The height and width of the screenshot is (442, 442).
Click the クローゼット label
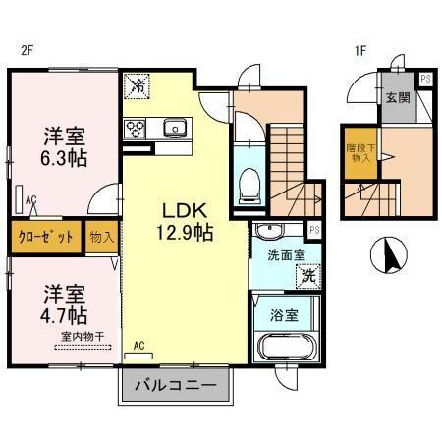[46, 237]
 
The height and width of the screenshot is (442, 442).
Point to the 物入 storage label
[101, 237]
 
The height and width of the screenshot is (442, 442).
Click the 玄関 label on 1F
[397, 97]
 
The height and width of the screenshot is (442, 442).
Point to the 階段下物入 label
[360, 154]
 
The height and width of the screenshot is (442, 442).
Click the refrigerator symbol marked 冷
[138, 86]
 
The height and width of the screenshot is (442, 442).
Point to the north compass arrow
[390, 257]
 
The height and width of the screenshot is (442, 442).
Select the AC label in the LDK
[139, 345]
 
